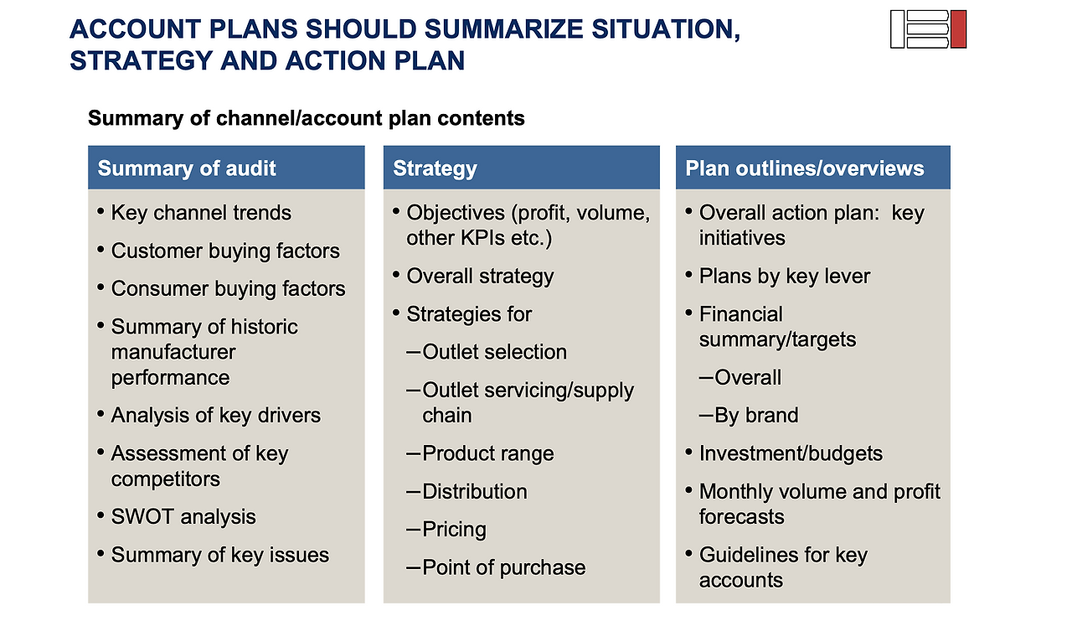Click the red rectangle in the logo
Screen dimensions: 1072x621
(958, 29)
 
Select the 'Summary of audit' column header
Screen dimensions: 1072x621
(187, 168)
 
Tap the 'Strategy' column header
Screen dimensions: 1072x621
(435, 169)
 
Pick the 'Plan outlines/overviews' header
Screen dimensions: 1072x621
(805, 168)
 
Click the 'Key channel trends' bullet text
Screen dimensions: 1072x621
(201, 213)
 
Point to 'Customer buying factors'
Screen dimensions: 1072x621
(225, 251)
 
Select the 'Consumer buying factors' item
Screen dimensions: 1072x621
(229, 289)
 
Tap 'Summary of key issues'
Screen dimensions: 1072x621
(220, 555)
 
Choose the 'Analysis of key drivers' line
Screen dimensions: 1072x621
(216, 415)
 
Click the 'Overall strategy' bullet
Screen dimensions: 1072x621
(480, 277)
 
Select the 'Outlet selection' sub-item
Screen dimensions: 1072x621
(494, 352)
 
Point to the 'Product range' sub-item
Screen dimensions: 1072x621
(488, 453)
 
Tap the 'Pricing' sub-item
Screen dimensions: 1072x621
(454, 530)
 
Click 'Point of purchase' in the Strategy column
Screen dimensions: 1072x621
(504, 567)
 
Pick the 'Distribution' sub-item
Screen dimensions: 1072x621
(475, 491)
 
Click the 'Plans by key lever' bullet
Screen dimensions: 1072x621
(785, 277)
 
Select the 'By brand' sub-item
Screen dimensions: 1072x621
(756, 415)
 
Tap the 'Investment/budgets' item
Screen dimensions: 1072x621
(791, 453)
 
